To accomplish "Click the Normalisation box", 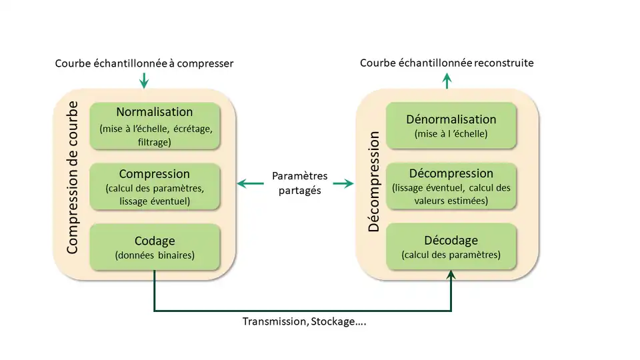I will pyautogui.click(x=154, y=126).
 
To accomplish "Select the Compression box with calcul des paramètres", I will pyautogui.click(x=154, y=187).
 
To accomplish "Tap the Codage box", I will pyautogui.click(x=154, y=247).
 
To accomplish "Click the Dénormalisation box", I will pyautogui.click(x=451, y=125).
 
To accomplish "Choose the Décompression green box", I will pyautogui.click(x=451, y=187).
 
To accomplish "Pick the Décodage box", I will pyautogui.click(x=451, y=247).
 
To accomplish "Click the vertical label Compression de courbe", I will pyautogui.click(x=72, y=177).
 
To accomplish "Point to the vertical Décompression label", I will pyautogui.click(x=374, y=181).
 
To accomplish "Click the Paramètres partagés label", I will pyautogui.click(x=299, y=183).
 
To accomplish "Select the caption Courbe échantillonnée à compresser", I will pyautogui.click(x=144, y=63).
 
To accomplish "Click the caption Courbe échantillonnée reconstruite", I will pyautogui.click(x=447, y=63).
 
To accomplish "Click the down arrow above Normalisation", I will pyautogui.click(x=144, y=81).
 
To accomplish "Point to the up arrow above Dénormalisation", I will pyautogui.click(x=447, y=81).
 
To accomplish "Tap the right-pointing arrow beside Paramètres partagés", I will pyautogui.click(x=343, y=183).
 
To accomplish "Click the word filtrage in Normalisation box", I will pyautogui.click(x=154, y=142).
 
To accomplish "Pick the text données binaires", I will pyautogui.click(x=155, y=255).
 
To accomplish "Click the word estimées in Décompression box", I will pyautogui.click(x=469, y=201).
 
